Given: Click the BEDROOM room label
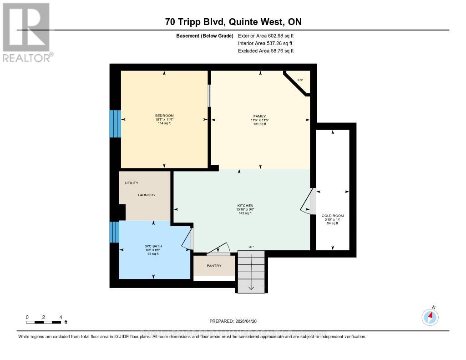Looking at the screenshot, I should [x=164, y=116].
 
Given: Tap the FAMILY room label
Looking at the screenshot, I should [x=260, y=116].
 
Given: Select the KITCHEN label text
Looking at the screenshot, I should [x=242, y=206].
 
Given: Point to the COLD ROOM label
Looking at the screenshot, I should [x=333, y=216].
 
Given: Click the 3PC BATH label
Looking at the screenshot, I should [x=153, y=247].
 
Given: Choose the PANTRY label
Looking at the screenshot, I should [x=214, y=266].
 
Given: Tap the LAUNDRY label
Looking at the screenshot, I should [x=147, y=195].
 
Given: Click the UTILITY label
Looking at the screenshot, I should [x=132, y=183].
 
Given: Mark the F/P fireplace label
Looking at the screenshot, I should [x=300, y=80].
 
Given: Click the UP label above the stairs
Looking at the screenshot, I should [x=251, y=247].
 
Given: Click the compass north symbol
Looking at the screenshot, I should [x=430, y=316].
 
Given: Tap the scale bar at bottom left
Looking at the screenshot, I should [x=44, y=322].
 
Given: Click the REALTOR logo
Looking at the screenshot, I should [x=26, y=32].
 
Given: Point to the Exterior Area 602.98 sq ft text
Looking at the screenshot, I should [x=268, y=35].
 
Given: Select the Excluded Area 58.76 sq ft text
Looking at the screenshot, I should [x=266, y=51].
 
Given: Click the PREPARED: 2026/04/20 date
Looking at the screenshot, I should [x=233, y=321].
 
